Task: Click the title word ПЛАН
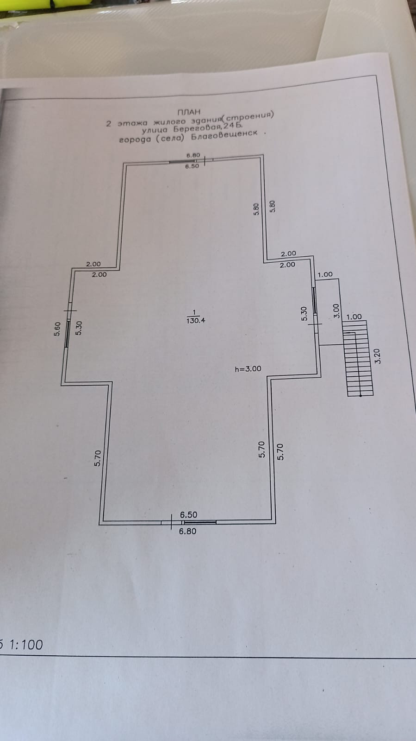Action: coord(189,112)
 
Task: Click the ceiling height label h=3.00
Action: coord(248,369)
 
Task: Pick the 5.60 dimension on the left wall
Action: coord(57,329)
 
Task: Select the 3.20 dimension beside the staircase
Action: coord(377,355)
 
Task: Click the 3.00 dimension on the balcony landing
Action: coord(337,310)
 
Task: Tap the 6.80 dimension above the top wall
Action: coord(192,155)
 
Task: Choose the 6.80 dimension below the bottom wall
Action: coord(187,531)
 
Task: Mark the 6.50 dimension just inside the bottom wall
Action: coord(188,514)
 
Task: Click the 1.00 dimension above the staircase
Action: coord(354,317)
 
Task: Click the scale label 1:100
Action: coord(26,645)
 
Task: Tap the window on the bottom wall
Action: coord(200,522)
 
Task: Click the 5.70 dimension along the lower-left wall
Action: coord(98,458)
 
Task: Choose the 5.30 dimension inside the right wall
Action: coord(304,314)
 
